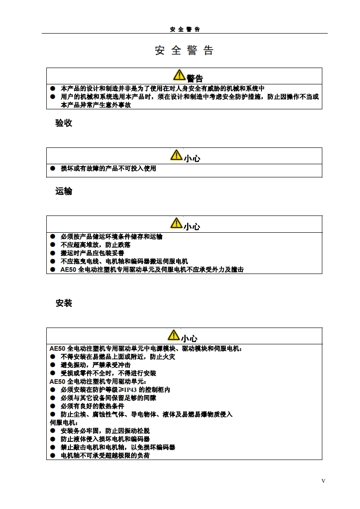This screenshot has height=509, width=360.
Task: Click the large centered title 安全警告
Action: coord(184,50)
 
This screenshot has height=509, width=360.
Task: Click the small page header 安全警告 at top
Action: coord(185,29)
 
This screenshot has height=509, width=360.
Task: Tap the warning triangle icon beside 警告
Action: coord(179,75)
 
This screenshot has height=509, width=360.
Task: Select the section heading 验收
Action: coord(64,123)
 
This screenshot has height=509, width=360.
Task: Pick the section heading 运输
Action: coord(64,191)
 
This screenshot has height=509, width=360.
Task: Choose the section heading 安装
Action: coord(64,303)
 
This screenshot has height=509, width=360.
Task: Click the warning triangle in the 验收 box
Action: coord(176,155)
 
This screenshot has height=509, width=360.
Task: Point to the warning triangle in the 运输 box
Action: coord(176,223)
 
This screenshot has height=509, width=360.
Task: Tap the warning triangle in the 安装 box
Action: coord(174,335)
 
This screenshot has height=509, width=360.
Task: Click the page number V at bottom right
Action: coord(323,481)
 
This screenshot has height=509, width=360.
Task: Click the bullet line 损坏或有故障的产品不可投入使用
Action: coord(108,169)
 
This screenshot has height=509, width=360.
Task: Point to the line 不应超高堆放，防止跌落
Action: coord(96,245)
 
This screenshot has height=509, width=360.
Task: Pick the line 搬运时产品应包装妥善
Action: coord(93,253)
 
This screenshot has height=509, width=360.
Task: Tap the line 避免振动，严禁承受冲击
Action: coord(96,365)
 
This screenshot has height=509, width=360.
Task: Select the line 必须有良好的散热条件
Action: coord(93,406)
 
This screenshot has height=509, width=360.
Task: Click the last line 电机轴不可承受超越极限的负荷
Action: coord(105,455)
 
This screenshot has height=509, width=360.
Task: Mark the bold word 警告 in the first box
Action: coord(195,78)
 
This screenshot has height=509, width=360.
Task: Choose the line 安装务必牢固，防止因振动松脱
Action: coord(105,431)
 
